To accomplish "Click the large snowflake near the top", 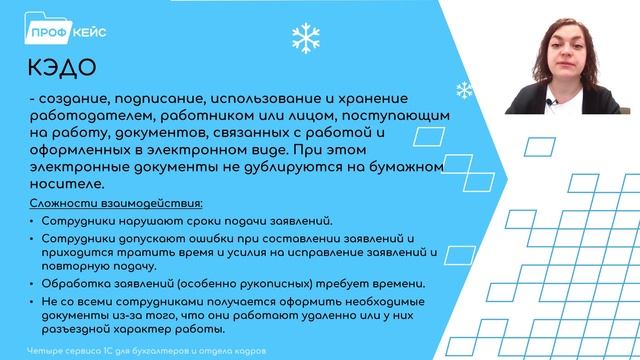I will coord(303,38).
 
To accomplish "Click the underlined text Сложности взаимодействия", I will coord(109,203).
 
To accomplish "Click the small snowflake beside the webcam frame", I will coord(464,91).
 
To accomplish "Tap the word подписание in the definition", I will coord(149,99).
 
